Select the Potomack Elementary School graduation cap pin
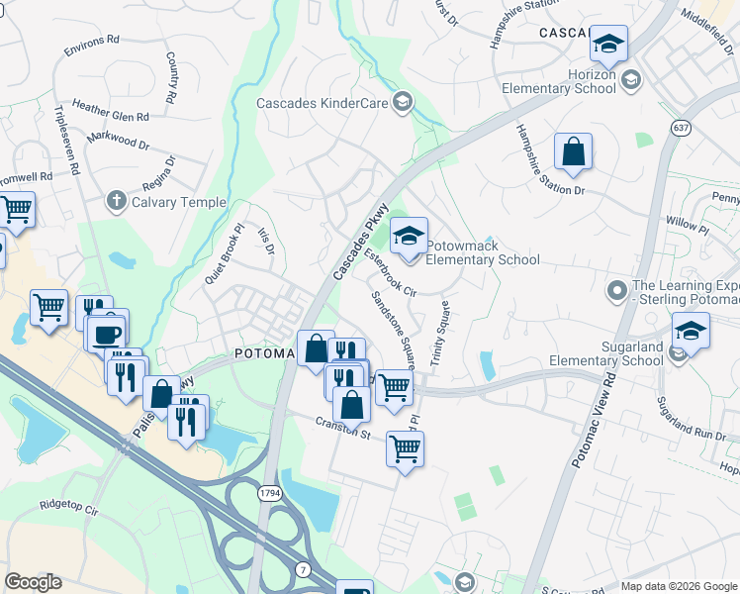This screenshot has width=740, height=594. (x=408, y=237)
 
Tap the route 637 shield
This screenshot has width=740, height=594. (x=681, y=128)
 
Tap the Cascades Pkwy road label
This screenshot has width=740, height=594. (x=357, y=247)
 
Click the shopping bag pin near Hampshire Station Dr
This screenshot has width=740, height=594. (x=573, y=152)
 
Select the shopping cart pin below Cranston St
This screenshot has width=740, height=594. (x=405, y=449)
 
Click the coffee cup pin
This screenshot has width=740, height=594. (x=106, y=332)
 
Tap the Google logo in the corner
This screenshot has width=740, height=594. (x=33, y=582)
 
